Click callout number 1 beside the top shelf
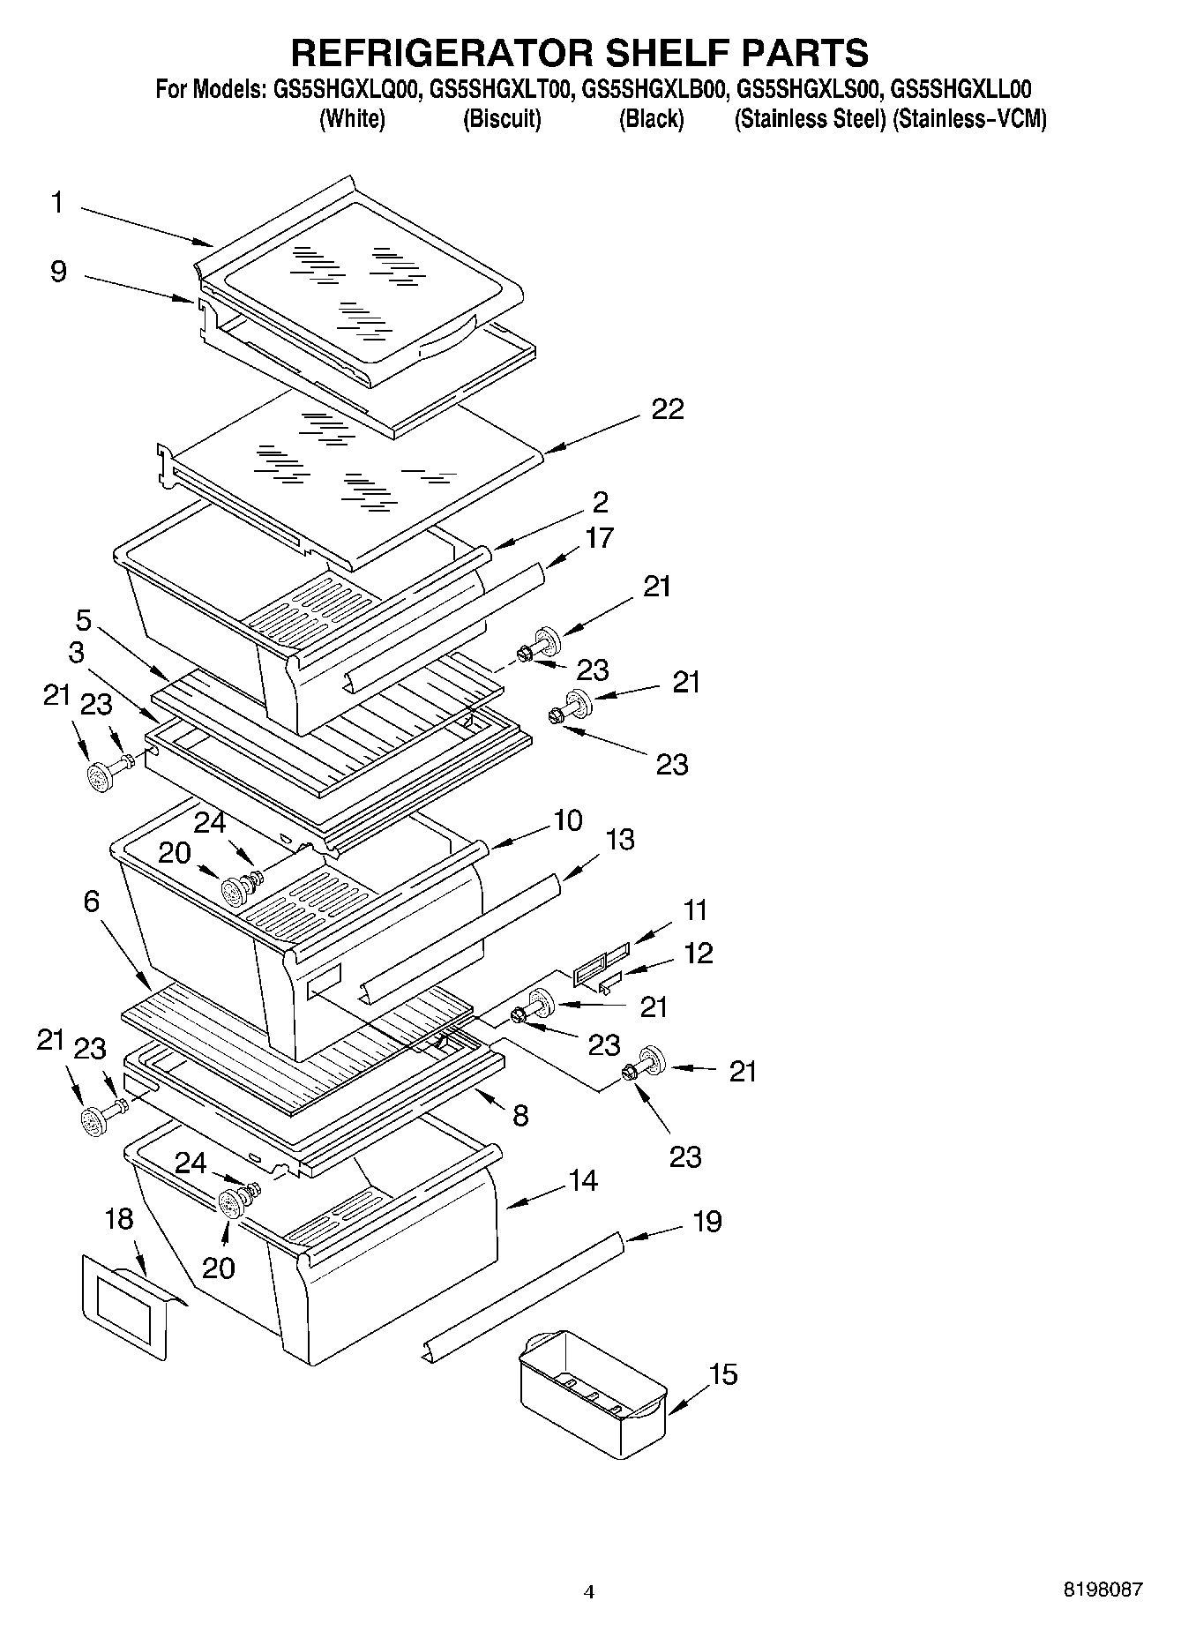tap(57, 203)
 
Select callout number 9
tap(58, 271)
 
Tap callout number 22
tap(668, 409)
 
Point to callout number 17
tap(600, 537)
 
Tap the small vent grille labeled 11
tap(602, 962)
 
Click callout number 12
tap(699, 953)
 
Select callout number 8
tap(520, 1115)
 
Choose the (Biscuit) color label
tap(502, 119)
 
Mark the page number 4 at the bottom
tap(589, 1592)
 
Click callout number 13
tap(620, 839)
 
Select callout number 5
tap(83, 619)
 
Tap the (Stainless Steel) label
tap(809, 119)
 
